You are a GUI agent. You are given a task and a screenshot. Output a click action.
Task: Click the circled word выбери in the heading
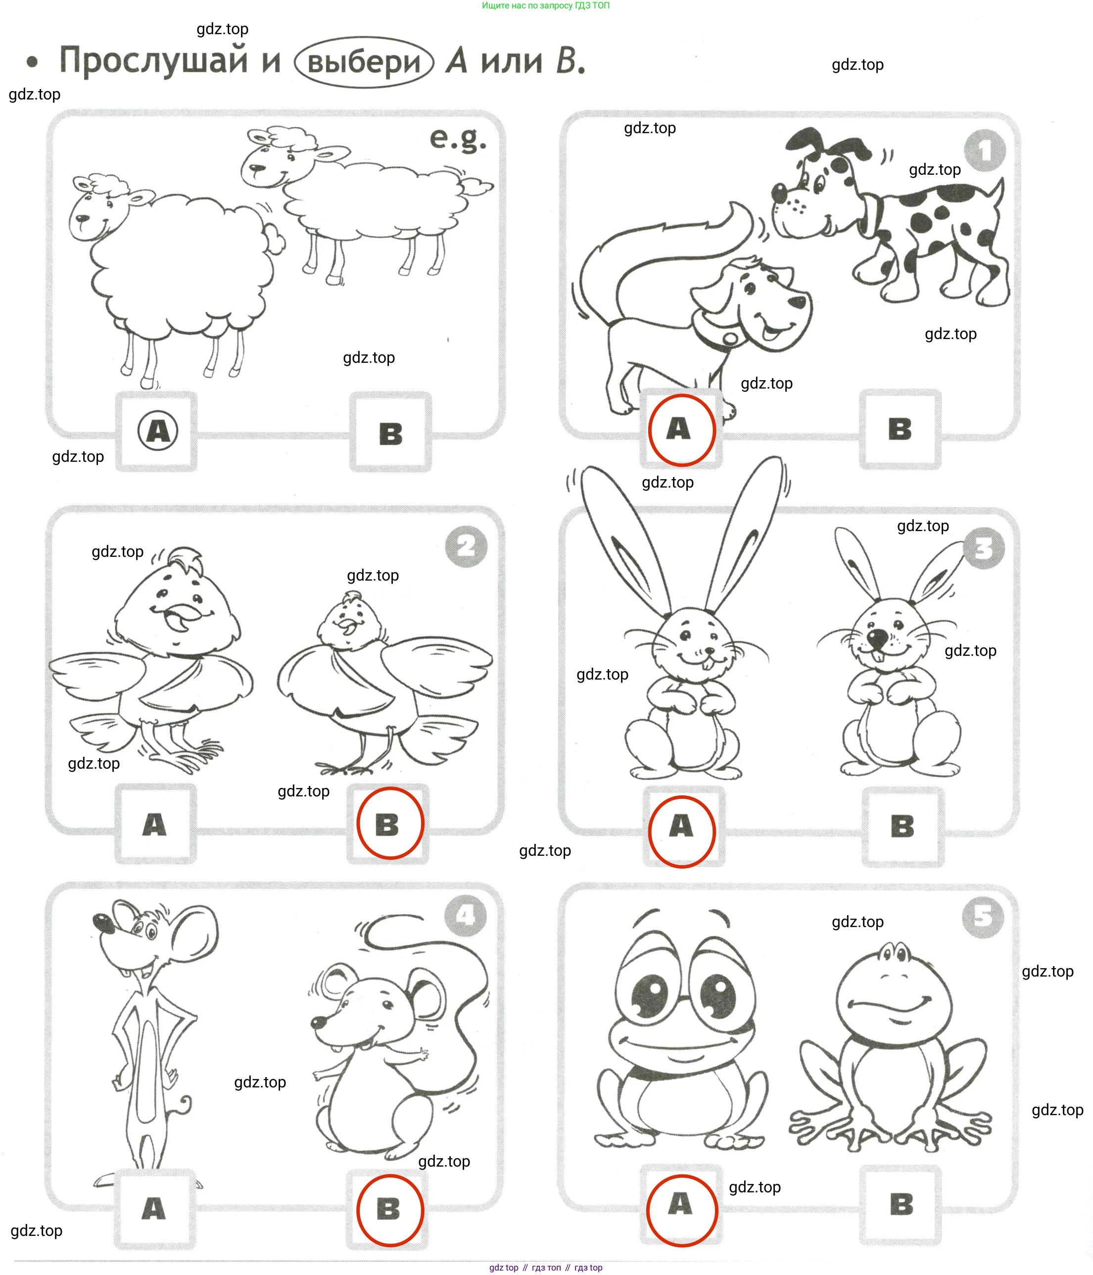364,62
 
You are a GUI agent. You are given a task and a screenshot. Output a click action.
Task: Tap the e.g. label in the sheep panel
458,139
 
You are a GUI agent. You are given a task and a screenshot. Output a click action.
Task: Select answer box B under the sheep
390,433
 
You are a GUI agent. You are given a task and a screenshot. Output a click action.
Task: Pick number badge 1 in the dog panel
984,150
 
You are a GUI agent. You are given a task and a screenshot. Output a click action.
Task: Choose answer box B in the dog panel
900,429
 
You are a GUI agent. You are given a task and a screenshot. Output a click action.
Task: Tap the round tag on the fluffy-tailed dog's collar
730,339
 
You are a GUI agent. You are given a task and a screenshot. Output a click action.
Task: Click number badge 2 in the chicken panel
466,546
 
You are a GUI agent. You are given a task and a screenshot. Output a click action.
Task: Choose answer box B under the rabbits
903,827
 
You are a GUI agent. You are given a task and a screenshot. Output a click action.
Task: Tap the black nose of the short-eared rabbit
877,638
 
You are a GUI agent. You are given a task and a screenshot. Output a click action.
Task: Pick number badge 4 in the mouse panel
466,916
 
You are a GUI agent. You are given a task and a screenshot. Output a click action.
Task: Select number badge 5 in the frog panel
983,917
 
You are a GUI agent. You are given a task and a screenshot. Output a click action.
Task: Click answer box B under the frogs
901,1205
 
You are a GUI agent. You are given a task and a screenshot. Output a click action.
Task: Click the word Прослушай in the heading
154,61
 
